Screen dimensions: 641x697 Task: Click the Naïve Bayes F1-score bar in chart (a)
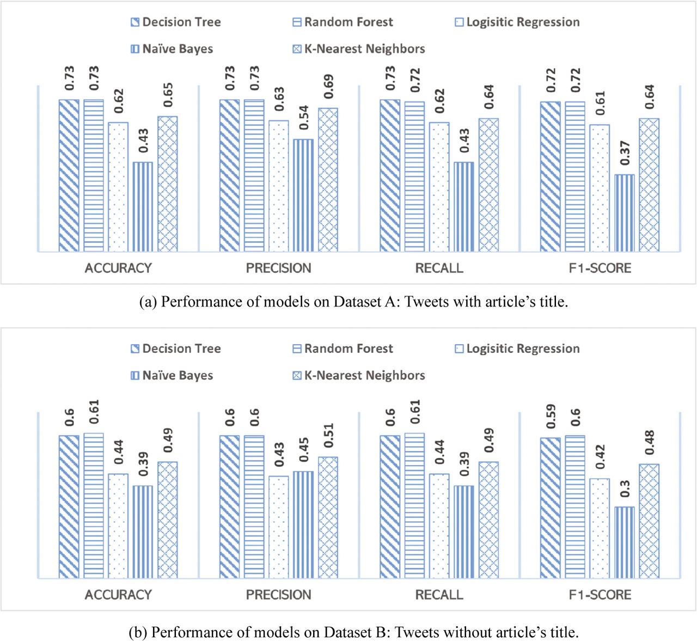tap(624, 213)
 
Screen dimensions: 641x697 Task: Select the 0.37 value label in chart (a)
tap(624, 153)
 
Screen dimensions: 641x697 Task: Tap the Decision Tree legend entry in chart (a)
tap(175, 22)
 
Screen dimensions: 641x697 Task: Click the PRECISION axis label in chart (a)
tap(278, 268)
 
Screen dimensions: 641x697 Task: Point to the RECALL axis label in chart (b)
tap(439, 595)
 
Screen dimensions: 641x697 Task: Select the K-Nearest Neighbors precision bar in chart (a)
tap(328, 180)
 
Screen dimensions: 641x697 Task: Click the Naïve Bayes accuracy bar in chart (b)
tap(143, 532)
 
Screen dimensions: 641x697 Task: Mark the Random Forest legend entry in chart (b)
tap(343, 349)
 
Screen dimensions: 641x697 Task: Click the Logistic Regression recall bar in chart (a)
tap(439, 187)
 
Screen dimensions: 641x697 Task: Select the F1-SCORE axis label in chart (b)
tap(600, 595)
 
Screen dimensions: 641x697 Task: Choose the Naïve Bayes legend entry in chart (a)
tap(172, 49)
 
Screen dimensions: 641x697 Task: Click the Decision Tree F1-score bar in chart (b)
tap(550, 508)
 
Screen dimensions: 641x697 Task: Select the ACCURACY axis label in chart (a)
tap(118, 268)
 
